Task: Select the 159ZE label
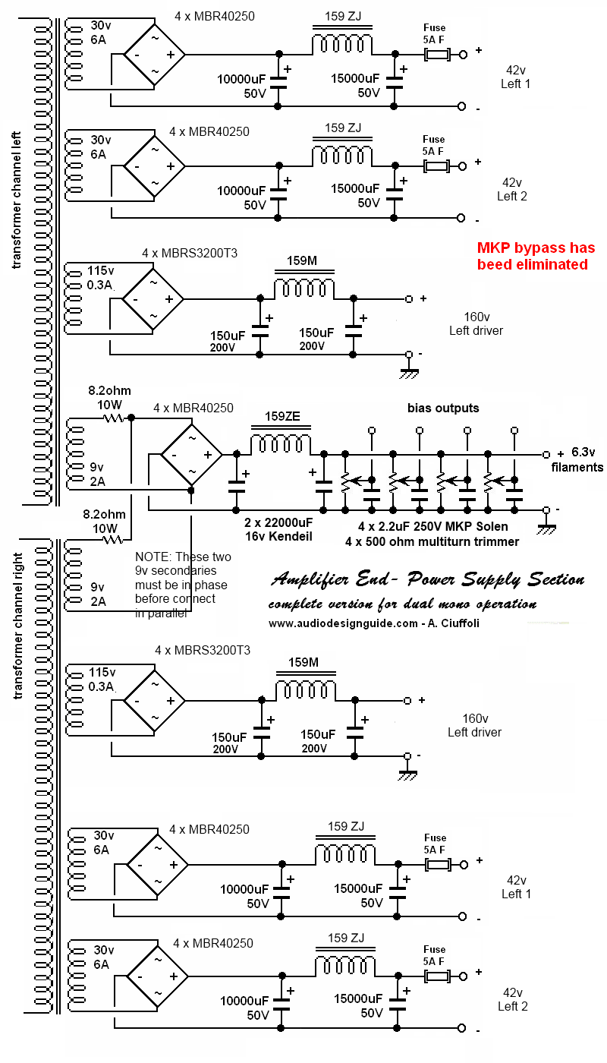(x=282, y=416)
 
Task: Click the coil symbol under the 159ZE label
(x=281, y=445)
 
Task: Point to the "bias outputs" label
(x=443, y=408)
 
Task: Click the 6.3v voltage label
(x=583, y=452)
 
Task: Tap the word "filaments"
(x=577, y=468)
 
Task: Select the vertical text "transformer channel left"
(x=17, y=200)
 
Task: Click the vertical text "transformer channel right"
(x=18, y=626)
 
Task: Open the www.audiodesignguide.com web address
(x=343, y=623)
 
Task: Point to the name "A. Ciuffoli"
(x=454, y=623)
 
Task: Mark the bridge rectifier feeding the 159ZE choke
(x=191, y=455)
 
